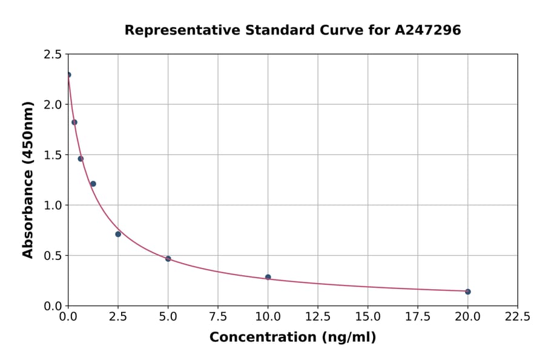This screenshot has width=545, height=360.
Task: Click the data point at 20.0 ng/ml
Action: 467,292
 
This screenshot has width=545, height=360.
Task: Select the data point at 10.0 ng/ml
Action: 268,277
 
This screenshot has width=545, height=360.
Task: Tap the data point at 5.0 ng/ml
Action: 168,259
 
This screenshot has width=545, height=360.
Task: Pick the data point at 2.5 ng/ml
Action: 118,234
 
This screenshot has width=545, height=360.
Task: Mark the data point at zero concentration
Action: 68,75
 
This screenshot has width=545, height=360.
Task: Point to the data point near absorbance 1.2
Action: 93,184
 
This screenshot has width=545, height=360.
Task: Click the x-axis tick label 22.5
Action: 517,316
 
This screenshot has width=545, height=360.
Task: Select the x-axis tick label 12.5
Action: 317,316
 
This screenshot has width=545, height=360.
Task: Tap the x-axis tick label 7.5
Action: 218,316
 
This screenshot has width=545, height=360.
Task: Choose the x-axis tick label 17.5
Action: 417,316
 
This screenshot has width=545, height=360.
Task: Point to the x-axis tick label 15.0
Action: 368,316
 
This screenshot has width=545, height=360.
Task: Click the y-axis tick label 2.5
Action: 53,55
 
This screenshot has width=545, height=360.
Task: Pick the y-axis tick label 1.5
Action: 53,155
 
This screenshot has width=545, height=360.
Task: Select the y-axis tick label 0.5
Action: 53,256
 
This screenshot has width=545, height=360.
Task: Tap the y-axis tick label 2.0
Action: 53,105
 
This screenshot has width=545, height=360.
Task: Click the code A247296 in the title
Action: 428,30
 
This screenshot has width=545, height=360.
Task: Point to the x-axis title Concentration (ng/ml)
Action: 292,338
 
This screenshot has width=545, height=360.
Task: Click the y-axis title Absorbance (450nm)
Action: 28,179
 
